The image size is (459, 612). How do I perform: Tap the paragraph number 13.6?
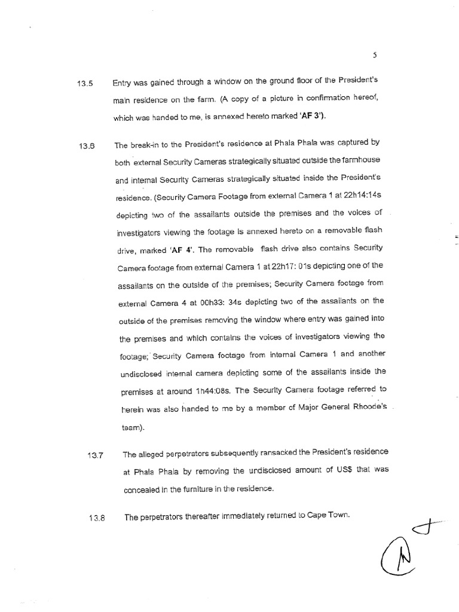click(x=86, y=146)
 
